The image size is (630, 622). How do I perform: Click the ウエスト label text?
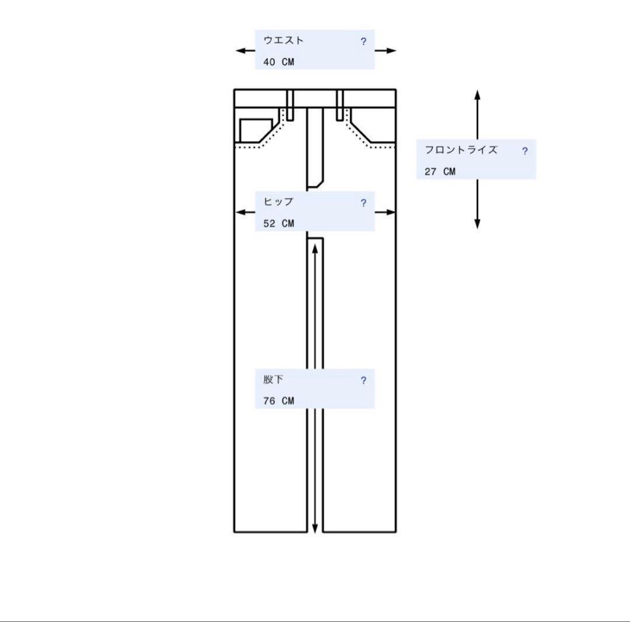point(283,40)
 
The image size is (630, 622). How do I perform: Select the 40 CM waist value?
point(279,62)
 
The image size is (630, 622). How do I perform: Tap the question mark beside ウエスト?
point(363,41)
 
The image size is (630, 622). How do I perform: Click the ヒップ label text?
point(278,202)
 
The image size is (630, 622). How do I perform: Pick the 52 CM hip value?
point(279,223)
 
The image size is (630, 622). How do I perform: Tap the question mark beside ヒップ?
point(363,203)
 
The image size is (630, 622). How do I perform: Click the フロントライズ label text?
point(461,150)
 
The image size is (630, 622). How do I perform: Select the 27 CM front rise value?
point(440,172)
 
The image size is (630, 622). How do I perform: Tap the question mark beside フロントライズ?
point(525,151)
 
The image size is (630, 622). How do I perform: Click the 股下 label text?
point(273,379)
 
